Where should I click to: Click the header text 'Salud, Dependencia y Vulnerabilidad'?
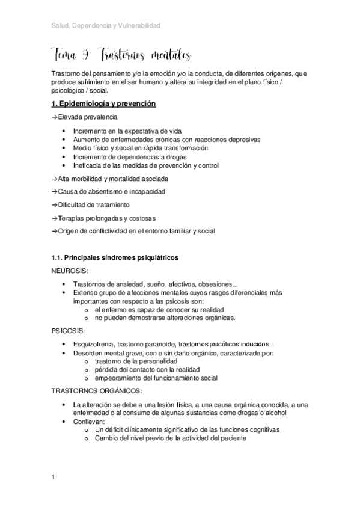tap(106, 26)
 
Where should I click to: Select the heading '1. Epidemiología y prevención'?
tap(104, 105)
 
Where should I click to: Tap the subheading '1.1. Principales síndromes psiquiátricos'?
tap(115, 258)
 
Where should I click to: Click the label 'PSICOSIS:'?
tap(68, 331)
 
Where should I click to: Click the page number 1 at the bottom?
tap(53, 478)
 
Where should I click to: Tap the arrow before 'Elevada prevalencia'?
tap(55, 118)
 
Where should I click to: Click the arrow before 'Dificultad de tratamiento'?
tap(55, 204)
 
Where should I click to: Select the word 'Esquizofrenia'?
tap(92, 343)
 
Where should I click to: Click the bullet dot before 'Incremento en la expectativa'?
tap(64, 131)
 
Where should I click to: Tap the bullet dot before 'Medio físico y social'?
tap(64, 148)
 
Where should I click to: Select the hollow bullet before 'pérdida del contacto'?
tap(88, 370)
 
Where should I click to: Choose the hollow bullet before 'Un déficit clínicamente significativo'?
tap(88, 431)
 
